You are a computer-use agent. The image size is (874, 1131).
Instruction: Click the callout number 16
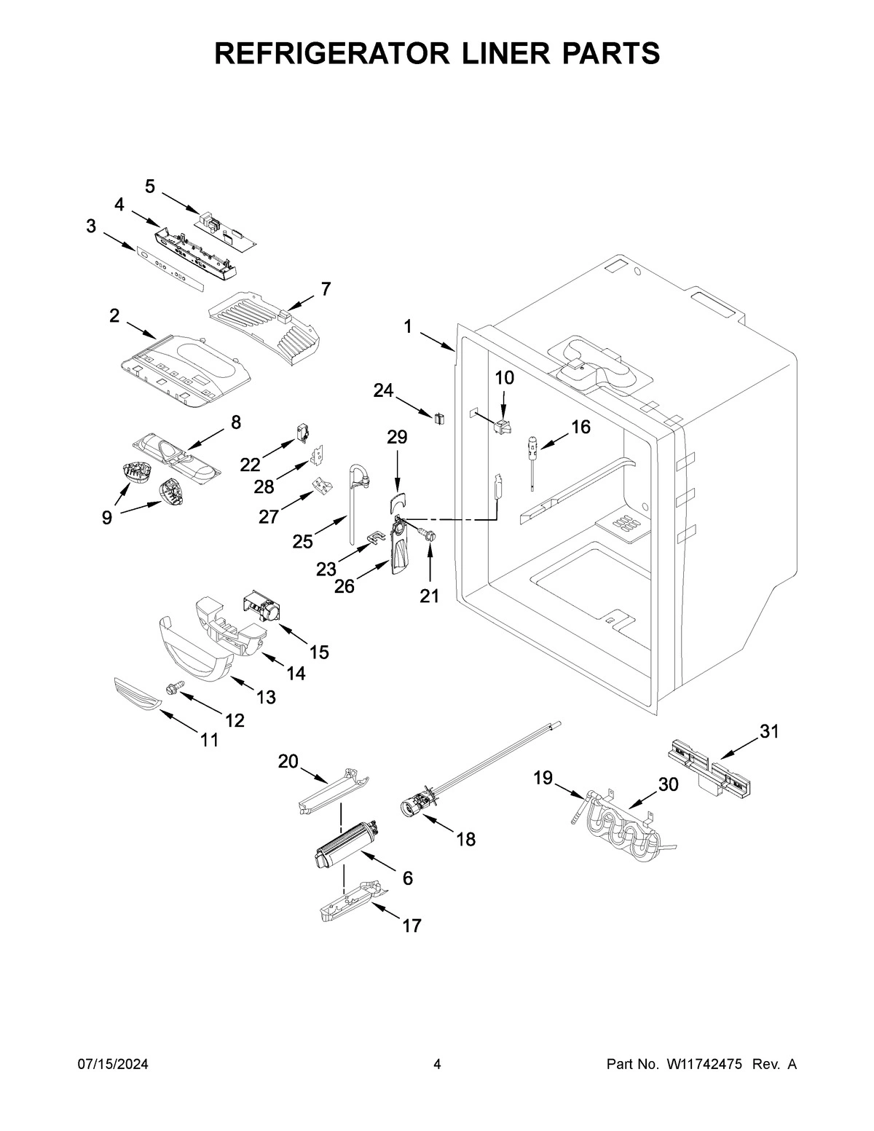pos(580,427)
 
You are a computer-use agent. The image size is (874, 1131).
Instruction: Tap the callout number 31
pos(769,732)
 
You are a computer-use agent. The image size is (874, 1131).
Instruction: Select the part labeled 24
pos(439,418)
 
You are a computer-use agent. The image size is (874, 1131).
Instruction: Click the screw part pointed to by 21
pos(429,535)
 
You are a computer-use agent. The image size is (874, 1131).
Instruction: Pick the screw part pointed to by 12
pos(175,686)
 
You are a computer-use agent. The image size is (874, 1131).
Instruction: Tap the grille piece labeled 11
pos(135,693)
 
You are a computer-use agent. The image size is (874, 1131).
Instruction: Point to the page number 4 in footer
pos(437,1065)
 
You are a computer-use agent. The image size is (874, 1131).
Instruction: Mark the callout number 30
pos(668,784)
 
